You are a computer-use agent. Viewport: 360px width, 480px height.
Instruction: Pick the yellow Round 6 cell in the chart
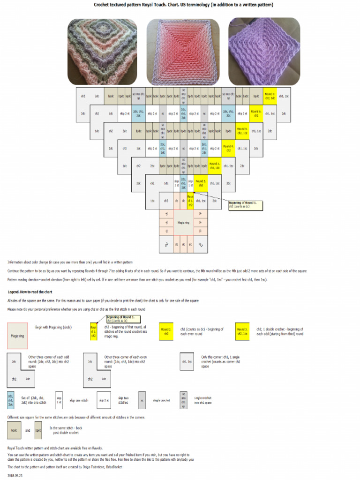click(x=256, y=113)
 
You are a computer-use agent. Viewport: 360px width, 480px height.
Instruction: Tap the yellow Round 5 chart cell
click(x=242, y=131)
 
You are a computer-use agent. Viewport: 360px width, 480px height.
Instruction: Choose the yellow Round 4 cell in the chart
click(x=228, y=149)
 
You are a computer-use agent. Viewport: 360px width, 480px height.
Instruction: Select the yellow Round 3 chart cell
click(x=215, y=166)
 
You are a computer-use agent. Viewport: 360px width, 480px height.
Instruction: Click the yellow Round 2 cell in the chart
click(x=200, y=183)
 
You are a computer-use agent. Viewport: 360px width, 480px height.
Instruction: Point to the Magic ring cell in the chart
click(x=184, y=223)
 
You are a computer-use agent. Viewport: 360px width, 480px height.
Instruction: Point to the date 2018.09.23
click(x=15, y=475)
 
